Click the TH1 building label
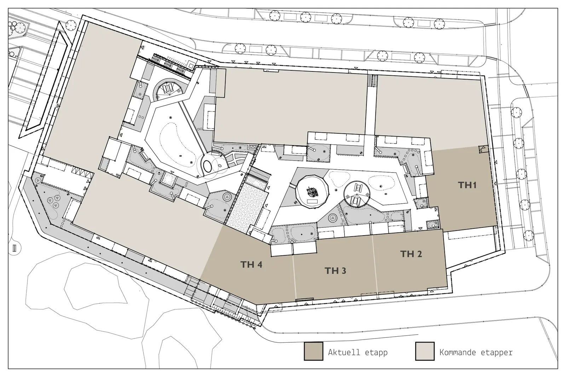tap(467, 185)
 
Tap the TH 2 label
tap(411, 254)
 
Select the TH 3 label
tap(335, 271)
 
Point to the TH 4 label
tap(251, 264)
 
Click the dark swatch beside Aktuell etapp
tap(313, 351)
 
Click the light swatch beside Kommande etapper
tap(425, 351)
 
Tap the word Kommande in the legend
tap(458, 352)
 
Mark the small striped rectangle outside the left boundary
tap(15, 248)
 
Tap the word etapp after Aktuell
tap(376, 353)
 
